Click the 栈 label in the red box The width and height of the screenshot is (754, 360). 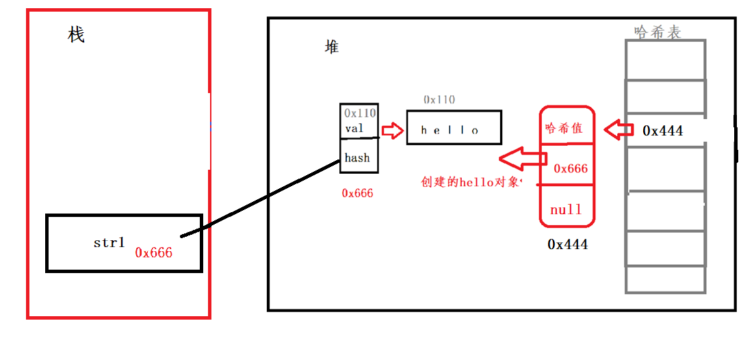pos(77,35)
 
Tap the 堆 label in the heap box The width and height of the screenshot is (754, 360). pos(332,47)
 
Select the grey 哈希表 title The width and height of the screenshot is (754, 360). pos(658,31)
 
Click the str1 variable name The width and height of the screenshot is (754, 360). pos(109,242)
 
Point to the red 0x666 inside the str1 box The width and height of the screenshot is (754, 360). pos(154,253)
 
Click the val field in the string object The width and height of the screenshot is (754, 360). pos(354,128)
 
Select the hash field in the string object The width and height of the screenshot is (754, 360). pos(357,157)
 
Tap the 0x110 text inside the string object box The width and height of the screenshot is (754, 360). pos(360,113)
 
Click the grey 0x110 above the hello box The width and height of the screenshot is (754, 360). pos(439,99)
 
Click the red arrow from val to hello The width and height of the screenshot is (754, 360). pos(393,130)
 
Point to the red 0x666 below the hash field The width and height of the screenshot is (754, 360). pos(358,193)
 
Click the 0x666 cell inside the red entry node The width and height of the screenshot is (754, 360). pos(571,168)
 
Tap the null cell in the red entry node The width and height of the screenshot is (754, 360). pos(566,209)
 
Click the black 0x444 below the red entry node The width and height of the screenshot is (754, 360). pos(567,244)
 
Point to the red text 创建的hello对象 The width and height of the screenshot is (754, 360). pos(471,182)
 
